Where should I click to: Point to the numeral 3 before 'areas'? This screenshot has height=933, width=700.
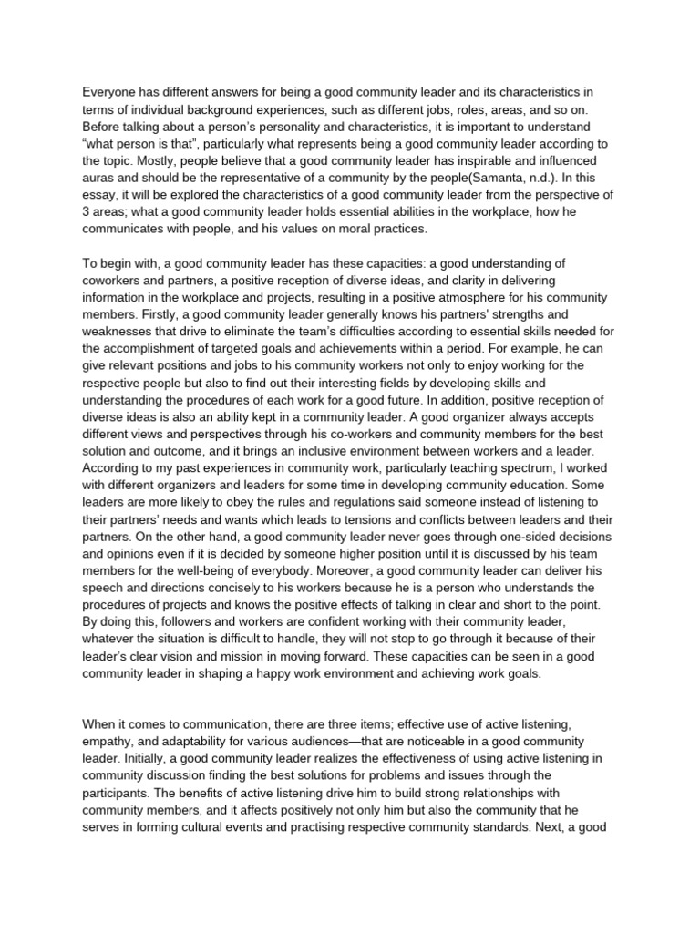click(86, 212)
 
